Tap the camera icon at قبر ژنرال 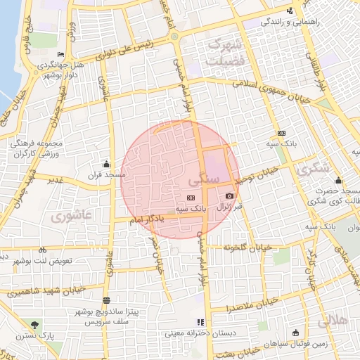[x=229, y=195]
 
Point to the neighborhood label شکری [x=314, y=169]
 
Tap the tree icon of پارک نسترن [x=35, y=324]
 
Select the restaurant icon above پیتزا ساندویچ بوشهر [x=106, y=300]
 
